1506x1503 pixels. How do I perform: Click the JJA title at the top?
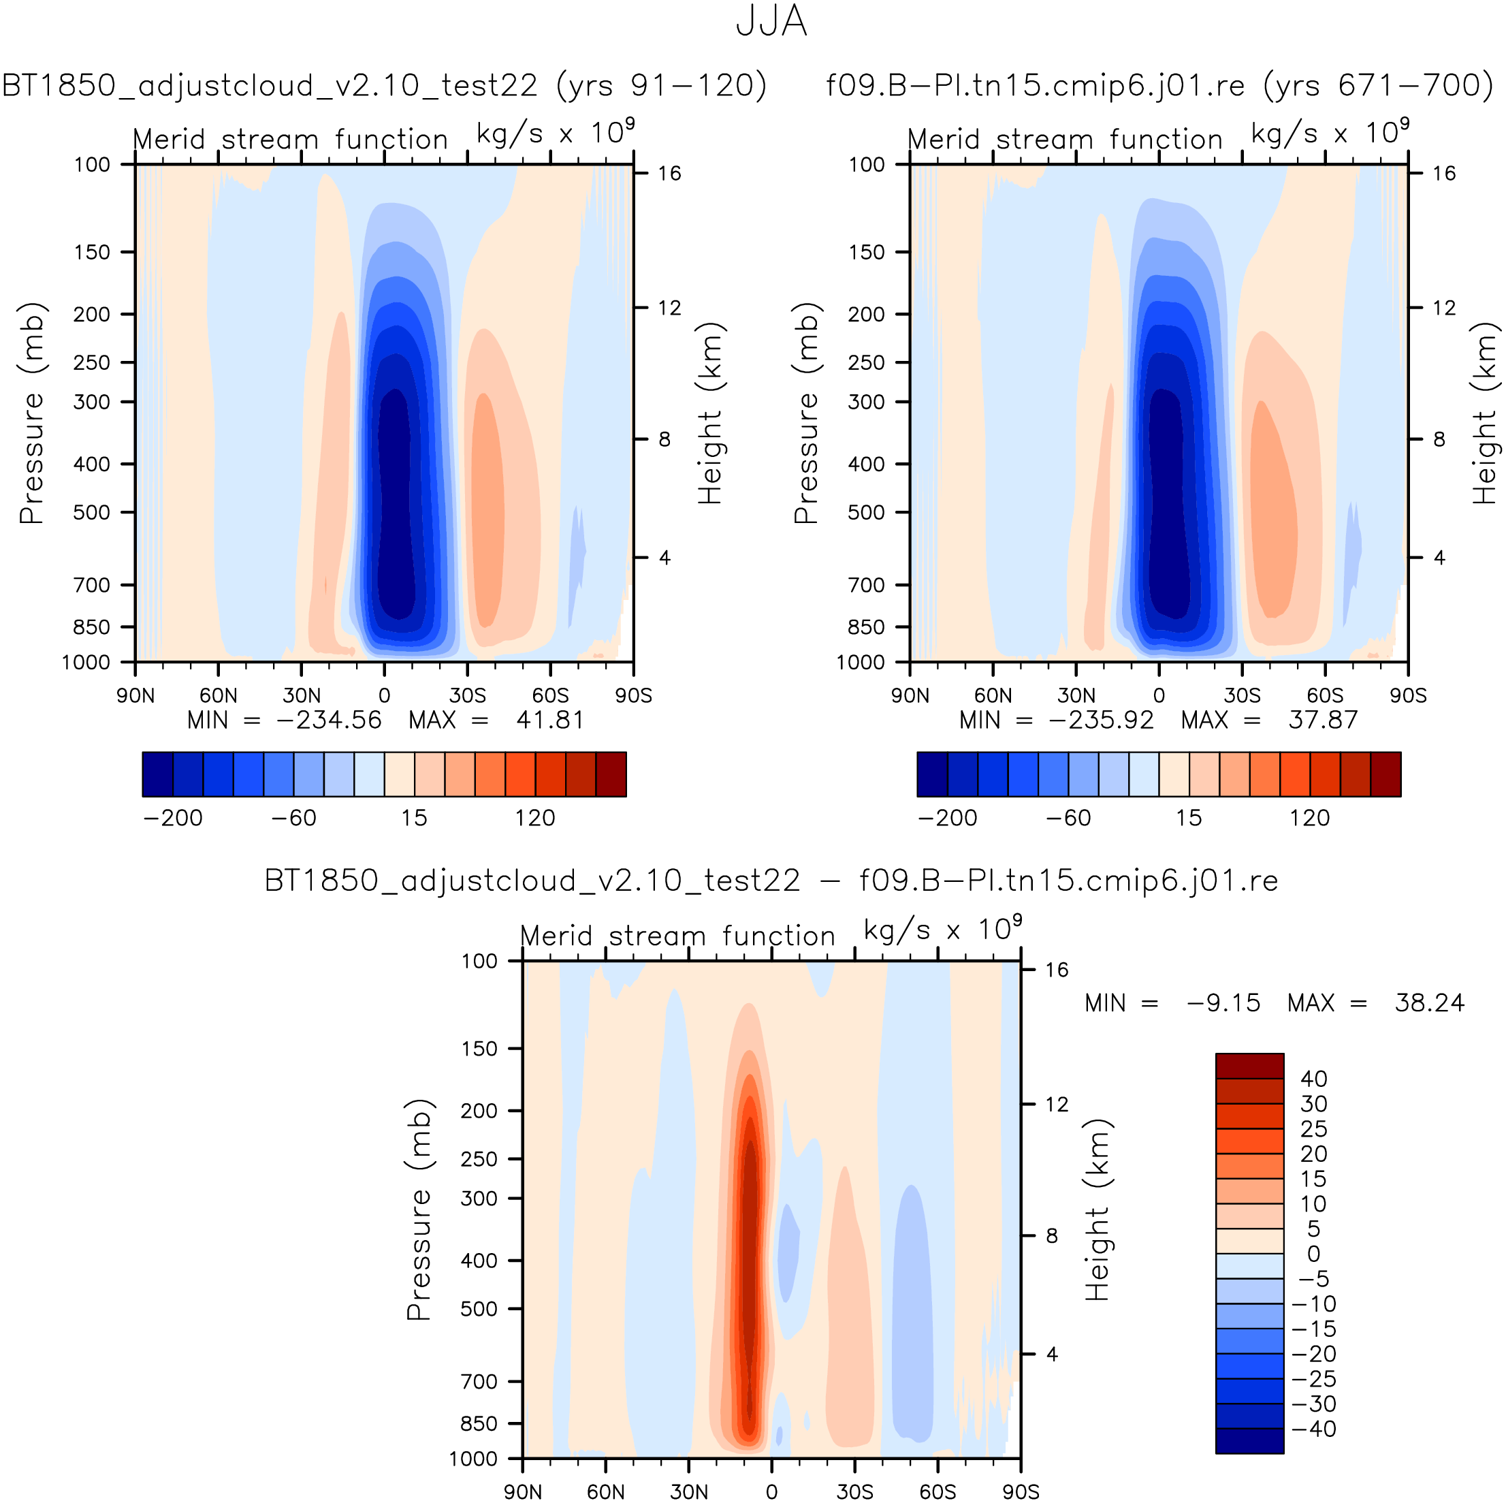tap(771, 22)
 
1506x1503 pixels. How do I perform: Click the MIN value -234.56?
tap(329, 720)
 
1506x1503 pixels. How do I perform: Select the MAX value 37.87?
tap(1323, 720)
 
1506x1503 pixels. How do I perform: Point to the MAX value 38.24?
tap(1430, 1002)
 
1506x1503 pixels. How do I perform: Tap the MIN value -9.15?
tap(1223, 1002)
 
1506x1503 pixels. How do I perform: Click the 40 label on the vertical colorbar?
tap(1313, 1079)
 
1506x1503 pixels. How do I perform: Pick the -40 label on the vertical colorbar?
tap(1313, 1429)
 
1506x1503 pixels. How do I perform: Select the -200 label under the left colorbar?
tap(173, 818)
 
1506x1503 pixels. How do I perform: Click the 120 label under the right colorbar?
tap(1309, 818)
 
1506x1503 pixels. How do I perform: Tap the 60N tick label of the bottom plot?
tap(606, 1491)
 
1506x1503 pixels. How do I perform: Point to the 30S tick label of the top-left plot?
tap(468, 695)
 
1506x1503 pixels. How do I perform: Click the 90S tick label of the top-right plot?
tap(1409, 695)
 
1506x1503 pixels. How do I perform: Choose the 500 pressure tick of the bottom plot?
tap(479, 1309)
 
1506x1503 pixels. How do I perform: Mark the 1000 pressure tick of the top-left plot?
tap(86, 663)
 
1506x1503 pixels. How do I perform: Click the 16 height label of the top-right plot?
tap(1443, 173)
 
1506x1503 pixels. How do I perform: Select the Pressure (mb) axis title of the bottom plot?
tap(419, 1209)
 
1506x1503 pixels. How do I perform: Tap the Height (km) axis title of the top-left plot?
tap(710, 413)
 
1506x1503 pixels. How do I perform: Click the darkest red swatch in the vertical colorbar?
tap(1249, 1066)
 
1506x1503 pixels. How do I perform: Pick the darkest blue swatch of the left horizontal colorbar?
tap(157, 774)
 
